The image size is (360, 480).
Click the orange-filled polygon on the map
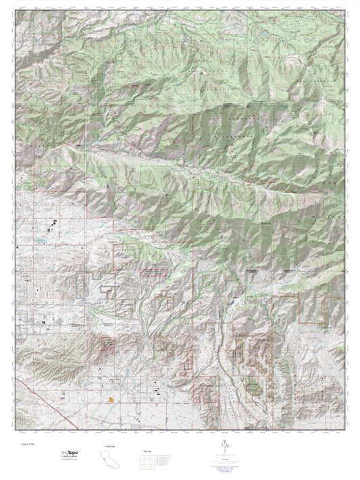110,400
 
